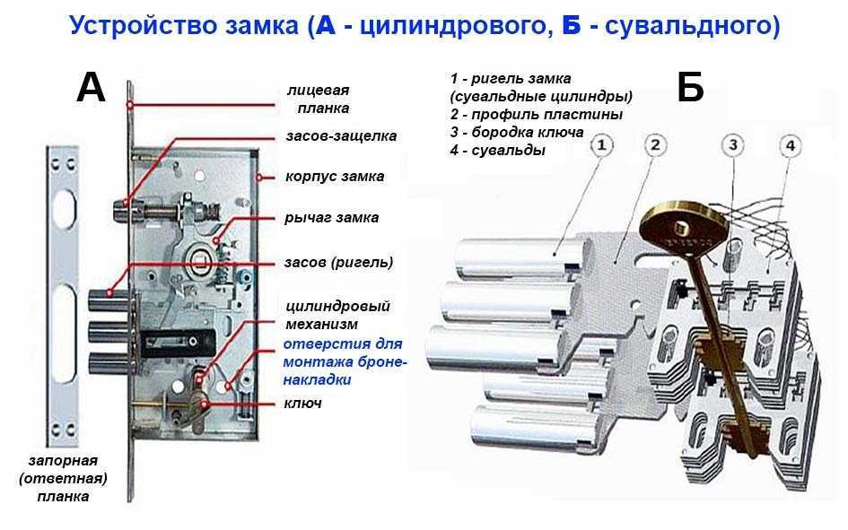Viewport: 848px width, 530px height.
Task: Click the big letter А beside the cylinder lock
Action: tap(91, 88)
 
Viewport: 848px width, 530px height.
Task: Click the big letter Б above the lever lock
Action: tap(690, 87)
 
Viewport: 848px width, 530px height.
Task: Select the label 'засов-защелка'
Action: tap(341, 135)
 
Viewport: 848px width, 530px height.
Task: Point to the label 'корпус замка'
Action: tap(335, 176)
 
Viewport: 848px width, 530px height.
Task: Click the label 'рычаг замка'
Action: tap(331, 218)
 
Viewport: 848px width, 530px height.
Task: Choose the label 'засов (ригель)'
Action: tap(338, 263)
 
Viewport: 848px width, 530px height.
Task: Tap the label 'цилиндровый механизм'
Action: tap(337, 315)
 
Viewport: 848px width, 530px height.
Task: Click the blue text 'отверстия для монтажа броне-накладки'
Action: tap(345, 361)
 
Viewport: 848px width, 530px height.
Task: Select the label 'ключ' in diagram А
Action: tap(303, 403)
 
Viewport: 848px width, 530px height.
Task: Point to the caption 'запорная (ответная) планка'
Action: tap(63, 479)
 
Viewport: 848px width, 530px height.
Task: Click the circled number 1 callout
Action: tap(601, 145)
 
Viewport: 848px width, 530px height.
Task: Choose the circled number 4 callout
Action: tap(791, 146)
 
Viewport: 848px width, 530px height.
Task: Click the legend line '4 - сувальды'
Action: tap(497, 150)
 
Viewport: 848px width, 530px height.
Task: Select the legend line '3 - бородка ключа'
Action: tap(517, 133)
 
